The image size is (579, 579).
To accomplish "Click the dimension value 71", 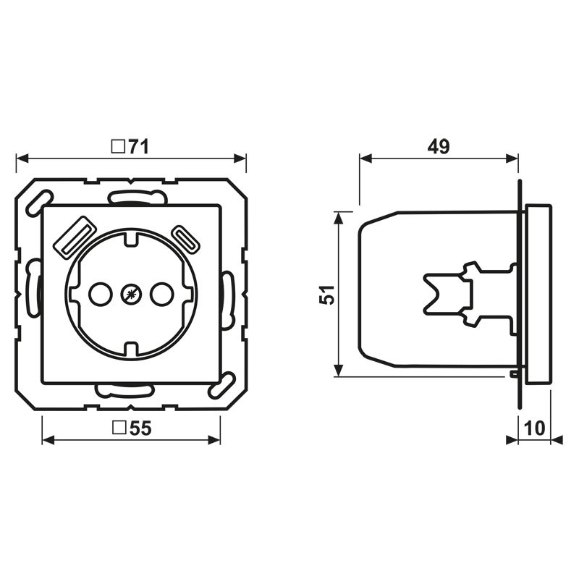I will point(138,147).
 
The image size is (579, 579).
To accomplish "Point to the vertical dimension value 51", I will point(328,295).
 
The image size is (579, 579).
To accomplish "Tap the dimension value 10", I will point(534,428).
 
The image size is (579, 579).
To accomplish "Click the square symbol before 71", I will point(117,147).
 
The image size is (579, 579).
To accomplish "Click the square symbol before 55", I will point(118,428).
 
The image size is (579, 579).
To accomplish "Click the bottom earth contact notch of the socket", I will point(130,349).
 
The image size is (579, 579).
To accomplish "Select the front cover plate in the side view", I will point(537,295).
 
